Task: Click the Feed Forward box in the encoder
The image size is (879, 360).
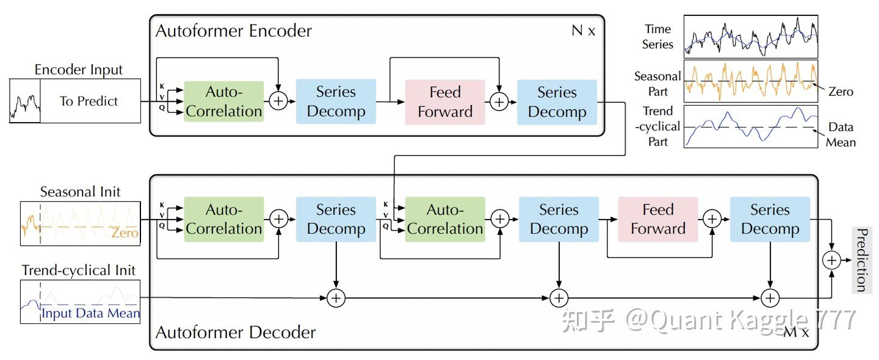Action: [x=445, y=102]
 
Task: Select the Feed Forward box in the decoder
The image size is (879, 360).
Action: [x=658, y=219]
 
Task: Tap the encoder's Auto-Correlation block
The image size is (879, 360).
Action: [x=223, y=101]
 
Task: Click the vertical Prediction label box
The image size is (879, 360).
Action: [x=862, y=259]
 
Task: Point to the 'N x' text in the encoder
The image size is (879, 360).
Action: [x=583, y=31]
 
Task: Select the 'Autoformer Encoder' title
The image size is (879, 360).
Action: [x=234, y=31]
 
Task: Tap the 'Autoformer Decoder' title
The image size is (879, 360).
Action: [x=236, y=332]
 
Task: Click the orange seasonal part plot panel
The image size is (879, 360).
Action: [x=751, y=81]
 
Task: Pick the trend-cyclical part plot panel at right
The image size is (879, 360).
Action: [x=751, y=126]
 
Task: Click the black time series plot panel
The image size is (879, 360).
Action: [x=751, y=37]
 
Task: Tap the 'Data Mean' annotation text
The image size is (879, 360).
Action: [x=841, y=134]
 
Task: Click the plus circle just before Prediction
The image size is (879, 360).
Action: [x=831, y=261]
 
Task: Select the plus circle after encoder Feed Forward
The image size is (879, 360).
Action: [x=499, y=102]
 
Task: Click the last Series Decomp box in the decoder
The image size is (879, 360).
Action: [x=770, y=219]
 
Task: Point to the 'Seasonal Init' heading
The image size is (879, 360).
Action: [x=80, y=192]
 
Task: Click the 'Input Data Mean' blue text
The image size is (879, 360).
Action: [x=90, y=313]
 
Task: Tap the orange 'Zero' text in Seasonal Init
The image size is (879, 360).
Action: [x=125, y=233]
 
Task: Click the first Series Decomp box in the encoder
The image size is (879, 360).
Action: [x=336, y=101]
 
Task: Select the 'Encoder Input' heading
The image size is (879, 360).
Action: [x=79, y=70]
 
